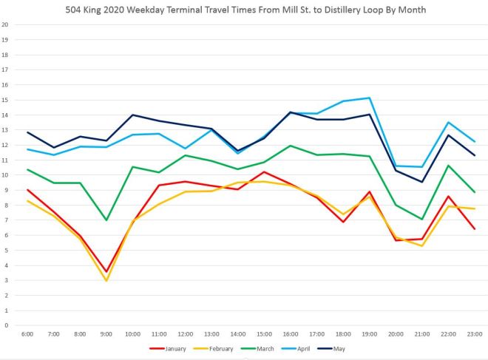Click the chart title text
244,10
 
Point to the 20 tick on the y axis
5,24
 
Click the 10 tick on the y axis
5,175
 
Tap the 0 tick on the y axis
5,325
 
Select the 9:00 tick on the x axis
106,334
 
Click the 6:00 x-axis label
27,334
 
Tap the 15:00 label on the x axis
264,334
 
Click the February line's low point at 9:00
106,281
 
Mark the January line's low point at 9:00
106,271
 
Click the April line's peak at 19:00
369,98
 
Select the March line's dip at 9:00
106,220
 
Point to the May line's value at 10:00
132,115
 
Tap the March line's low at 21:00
421,220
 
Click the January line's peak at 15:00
264,171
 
